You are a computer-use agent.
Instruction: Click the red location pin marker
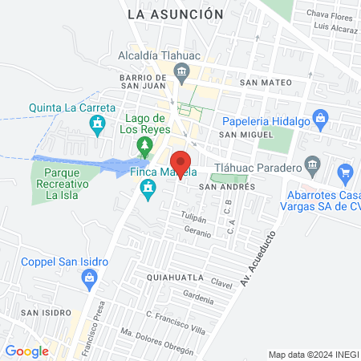[181, 164]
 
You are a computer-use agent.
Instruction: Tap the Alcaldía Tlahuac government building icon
[182, 73]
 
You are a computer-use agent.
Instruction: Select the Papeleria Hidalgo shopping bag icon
[321, 120]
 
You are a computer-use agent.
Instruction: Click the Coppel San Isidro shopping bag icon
[90, 278]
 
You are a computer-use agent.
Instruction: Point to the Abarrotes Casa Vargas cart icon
[346, 172]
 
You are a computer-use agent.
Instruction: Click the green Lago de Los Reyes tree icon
[144, 147]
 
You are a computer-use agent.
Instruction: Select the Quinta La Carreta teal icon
[98, 124]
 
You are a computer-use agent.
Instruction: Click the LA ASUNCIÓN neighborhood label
[175, 14]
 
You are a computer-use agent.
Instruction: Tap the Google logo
[26, 351]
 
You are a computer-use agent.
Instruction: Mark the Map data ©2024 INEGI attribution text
[312, 355]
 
